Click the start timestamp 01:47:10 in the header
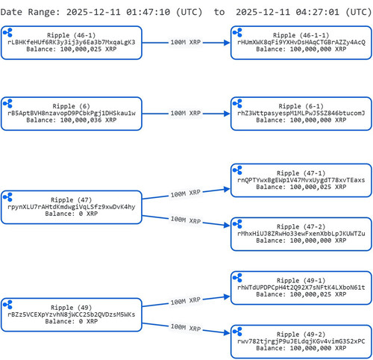click(148, 12)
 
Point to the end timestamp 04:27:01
click(318, 12)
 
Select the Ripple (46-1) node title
click(72, 35)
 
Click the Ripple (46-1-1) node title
click(301, 35)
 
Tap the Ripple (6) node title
click(72, 106)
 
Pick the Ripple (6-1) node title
click(301, 106)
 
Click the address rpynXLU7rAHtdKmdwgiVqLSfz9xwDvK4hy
click(72, 207)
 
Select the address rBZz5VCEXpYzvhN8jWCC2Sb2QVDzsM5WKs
click(72, 314)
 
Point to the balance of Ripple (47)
click(72, 214)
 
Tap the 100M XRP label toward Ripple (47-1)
click(186, 193)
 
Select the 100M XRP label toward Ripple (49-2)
click(186, 327)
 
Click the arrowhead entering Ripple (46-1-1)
click(227, 43)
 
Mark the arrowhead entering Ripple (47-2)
click(227, 226)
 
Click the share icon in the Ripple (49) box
click(7, 305)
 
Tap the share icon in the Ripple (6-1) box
click(237, 103)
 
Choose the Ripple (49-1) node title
click(301, 281)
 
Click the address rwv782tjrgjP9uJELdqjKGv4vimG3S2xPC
click(301, 341)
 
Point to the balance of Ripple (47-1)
click(301, 187)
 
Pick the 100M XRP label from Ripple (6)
click(186, 114)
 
